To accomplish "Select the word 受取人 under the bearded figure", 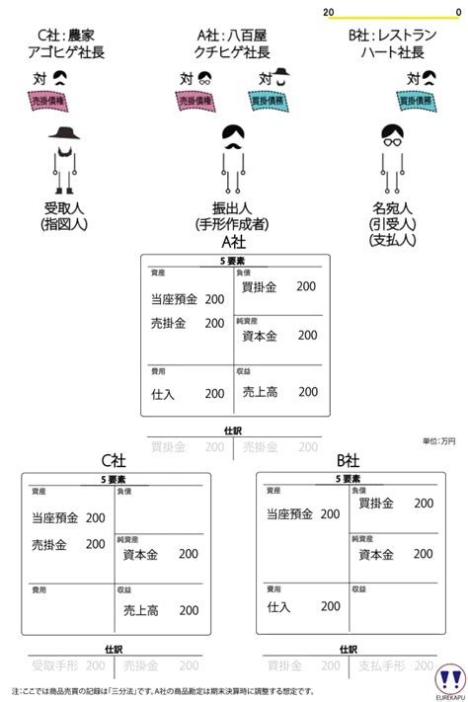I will point(66,208).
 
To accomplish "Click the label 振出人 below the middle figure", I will point(233,208).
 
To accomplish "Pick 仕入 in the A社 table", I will point(163,393).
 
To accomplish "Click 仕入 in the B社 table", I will point(278,607).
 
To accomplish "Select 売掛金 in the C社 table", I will point(49,544).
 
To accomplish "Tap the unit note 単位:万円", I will point(438,440).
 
